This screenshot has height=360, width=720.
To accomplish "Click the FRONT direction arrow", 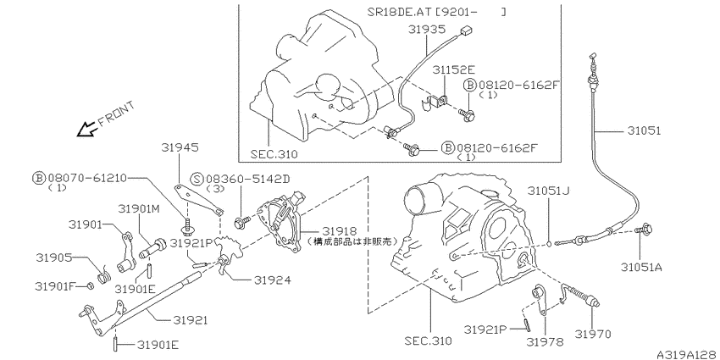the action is tap(86, 130).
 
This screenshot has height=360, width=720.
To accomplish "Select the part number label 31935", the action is tap(427, 30).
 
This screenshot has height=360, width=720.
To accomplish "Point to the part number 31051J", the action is tap(548, 191).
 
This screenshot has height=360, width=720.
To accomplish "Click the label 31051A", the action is tap(642, 267).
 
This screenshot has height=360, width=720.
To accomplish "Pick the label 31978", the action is tap(545, 341).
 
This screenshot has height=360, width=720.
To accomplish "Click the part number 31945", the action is tap(180, 147).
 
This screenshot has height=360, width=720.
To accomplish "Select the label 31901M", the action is tap(139, 209).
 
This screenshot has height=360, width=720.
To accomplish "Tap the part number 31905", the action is tap(55, 258).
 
